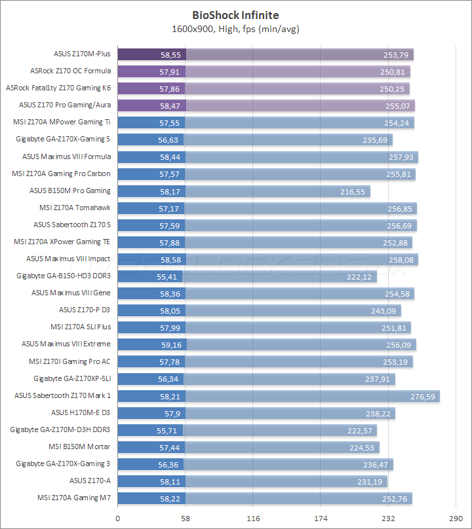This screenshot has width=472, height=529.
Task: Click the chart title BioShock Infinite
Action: click(x=235, y=14)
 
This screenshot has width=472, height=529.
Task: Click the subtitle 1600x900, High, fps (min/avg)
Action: click(x=235, y=29)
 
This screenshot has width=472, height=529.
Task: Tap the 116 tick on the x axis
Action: click(x=253, y=518)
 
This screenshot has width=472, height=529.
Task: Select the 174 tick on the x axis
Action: click(x=321, y=518)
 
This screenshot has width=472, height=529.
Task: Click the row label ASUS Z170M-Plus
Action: click(x=82, y=54)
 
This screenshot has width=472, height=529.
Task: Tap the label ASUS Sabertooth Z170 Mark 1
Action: click(x=63, y=395)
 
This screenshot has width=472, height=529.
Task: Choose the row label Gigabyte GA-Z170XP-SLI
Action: click(x=72, y=378)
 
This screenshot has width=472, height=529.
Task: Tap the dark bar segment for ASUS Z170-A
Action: click(x=151, y=481)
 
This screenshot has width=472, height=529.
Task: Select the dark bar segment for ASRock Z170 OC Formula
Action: click(x=151, y=71)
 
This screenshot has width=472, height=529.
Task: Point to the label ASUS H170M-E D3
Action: click(x=81, y=412)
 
